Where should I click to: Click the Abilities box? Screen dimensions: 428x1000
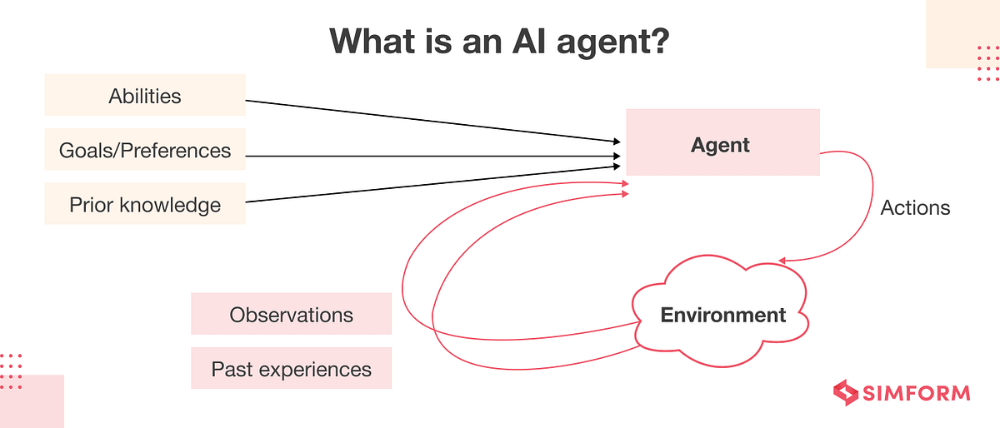pyautogui.click(x=144, y=96)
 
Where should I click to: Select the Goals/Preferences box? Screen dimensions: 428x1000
pyautogui.click(x=144, y=151)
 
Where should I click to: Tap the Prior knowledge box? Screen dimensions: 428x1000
pyautogui.click(x=144, y=204)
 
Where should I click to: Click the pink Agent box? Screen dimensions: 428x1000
pyautogui.click(x=722, y=145)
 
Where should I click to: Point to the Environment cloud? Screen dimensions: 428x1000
pyautogui.click(x=722, y=315)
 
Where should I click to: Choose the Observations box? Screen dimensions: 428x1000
pyautogui.click(x=291, y=315)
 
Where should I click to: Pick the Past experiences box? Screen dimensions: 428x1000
pyautogui.click(x=291, y=368)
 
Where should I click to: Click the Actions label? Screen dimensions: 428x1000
pyautogui.click(x=915, y=207)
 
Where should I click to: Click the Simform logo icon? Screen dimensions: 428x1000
pyautogui.click(x=847, y=393)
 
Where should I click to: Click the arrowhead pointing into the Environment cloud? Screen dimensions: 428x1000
pyautogui.click(x=784, y=260)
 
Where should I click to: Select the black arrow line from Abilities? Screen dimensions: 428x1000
pyautogui.click(x=433, y=121)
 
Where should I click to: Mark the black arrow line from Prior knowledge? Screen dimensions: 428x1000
pyautogui.click(x=433, y=184)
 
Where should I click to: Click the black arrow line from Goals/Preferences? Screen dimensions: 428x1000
pyautogui.click(x=433, y=156)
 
